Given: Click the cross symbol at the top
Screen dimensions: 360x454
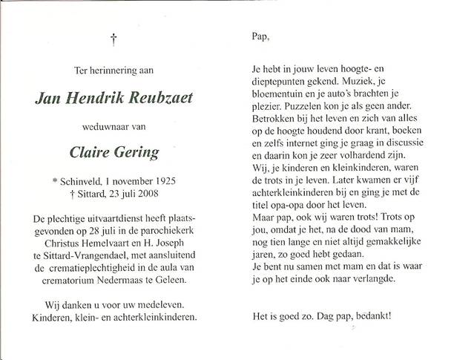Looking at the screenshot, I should pos(113,36).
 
